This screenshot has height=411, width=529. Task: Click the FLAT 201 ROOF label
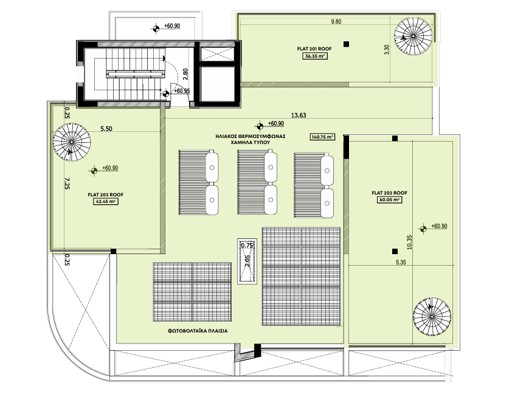[x=314, y=49]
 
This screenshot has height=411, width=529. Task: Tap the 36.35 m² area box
[x=315, y=57]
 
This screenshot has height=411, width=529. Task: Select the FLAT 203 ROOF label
[x=106, y=195]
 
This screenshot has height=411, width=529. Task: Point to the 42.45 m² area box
[x=106, y=202]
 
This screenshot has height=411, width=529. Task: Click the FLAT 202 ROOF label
[x=389, y=193]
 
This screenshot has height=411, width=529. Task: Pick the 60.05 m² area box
[x=389, y=200]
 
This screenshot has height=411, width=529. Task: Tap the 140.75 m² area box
[x=322, y=137]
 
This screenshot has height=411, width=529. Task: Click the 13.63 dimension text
[x=299, y=115]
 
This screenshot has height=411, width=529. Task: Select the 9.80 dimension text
[x=336, y=22]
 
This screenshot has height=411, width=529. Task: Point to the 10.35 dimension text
[x=410, y=242]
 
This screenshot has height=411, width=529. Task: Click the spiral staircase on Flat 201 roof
[x=413, y=36]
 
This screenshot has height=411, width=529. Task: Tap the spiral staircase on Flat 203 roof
[x=72, y=142]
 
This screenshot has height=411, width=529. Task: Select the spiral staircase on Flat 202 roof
[x=432, y=317]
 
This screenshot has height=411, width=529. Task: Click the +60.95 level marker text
[x=182, y=91]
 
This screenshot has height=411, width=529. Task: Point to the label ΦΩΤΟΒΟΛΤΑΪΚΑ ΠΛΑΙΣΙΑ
[x=198, y=331]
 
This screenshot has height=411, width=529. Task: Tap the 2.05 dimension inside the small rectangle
[x=247, y=261]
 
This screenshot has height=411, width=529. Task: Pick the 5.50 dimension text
[x=106, y=128]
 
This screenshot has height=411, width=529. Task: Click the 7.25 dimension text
[x=67, y=183]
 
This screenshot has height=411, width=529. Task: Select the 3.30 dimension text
[x=387, y=50]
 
